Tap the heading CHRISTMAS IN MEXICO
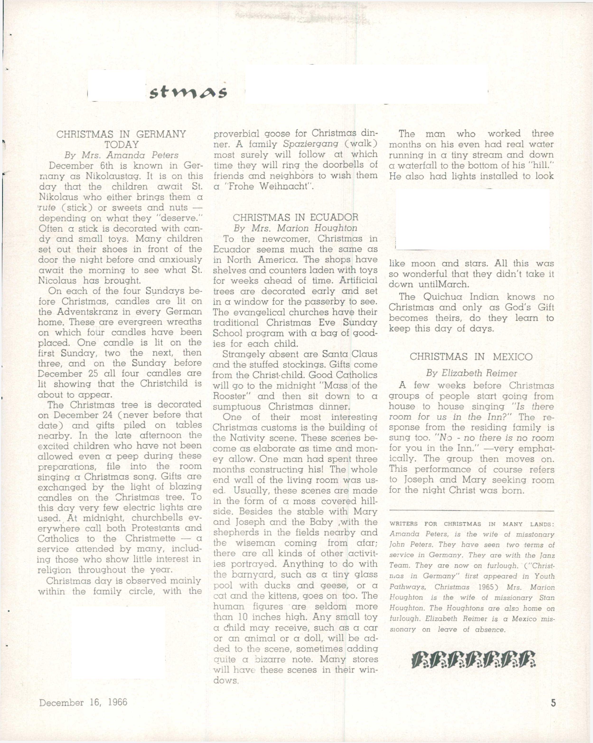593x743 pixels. (x=471, y=357)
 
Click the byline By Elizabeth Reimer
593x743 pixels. (x=471, y=373)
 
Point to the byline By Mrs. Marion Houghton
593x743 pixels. (x=295, y=228)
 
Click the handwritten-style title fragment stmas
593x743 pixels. (x=188, y=92)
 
